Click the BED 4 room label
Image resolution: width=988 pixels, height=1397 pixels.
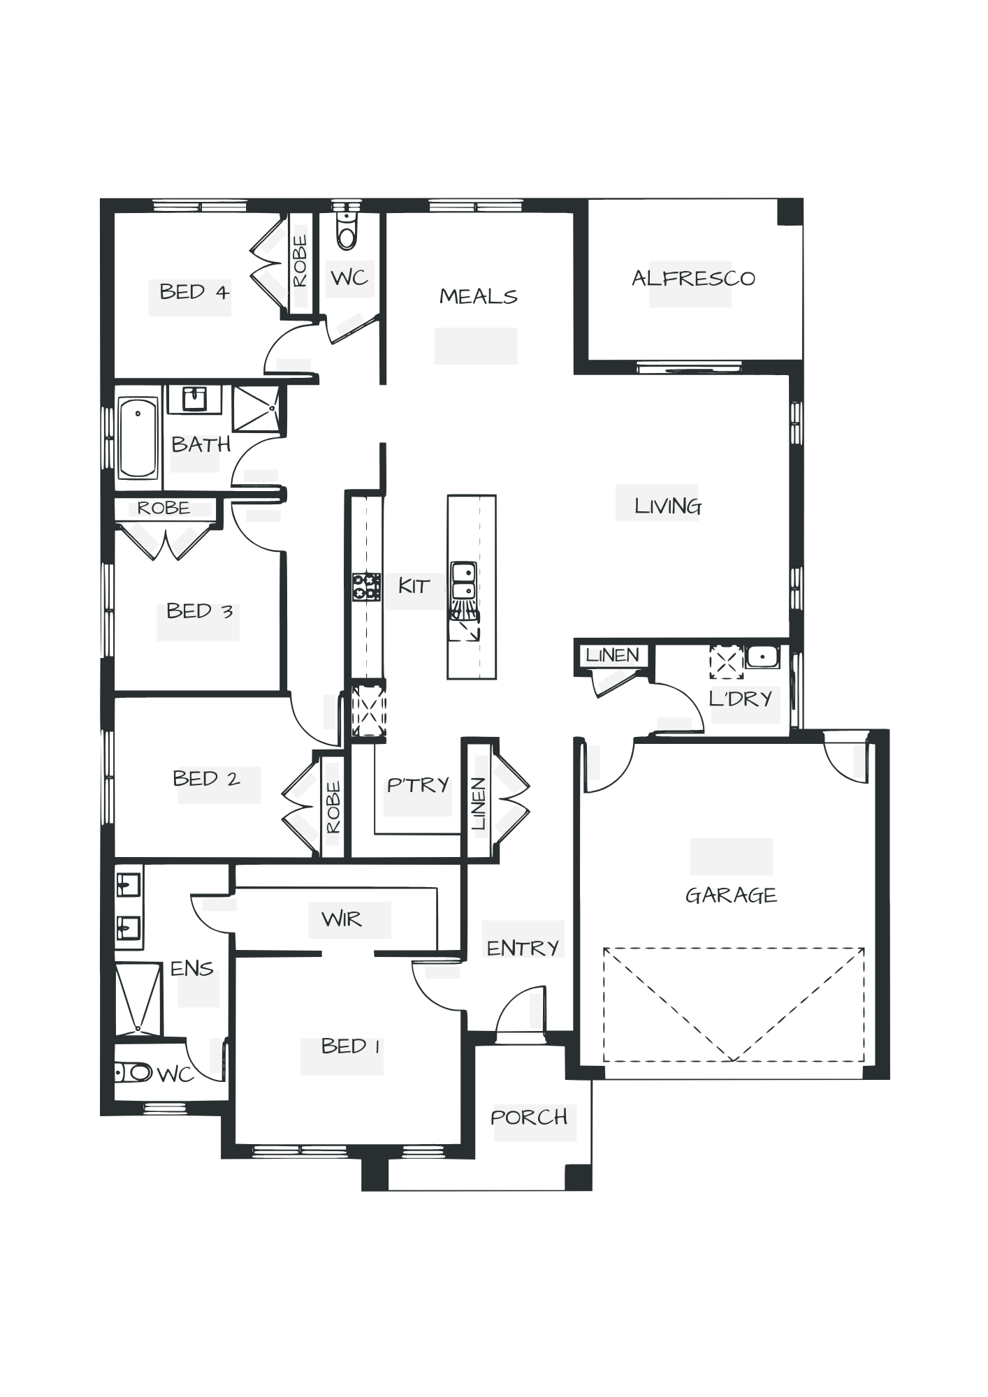point(194,291)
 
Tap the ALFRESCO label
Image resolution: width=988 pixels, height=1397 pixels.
point(693,279)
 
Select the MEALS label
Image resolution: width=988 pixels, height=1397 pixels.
point(479,297)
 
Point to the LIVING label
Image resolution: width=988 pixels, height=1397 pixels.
point(667,506)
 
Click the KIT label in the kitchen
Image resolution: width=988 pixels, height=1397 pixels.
point(413,586)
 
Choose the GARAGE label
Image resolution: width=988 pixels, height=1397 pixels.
point(731,895)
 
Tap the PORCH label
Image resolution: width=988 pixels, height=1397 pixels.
point(530,1117)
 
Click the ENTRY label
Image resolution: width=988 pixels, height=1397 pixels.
point(523,948)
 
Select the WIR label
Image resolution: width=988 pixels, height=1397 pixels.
point(342,919)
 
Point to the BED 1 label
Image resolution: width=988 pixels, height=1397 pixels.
point(350,1046)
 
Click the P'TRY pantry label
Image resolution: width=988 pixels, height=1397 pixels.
point(418,785)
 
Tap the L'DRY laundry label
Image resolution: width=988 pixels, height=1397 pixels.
point(741,698)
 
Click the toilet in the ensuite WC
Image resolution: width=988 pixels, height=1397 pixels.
point(133,1072)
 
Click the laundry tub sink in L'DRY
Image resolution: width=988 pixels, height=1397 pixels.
point(761,657)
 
